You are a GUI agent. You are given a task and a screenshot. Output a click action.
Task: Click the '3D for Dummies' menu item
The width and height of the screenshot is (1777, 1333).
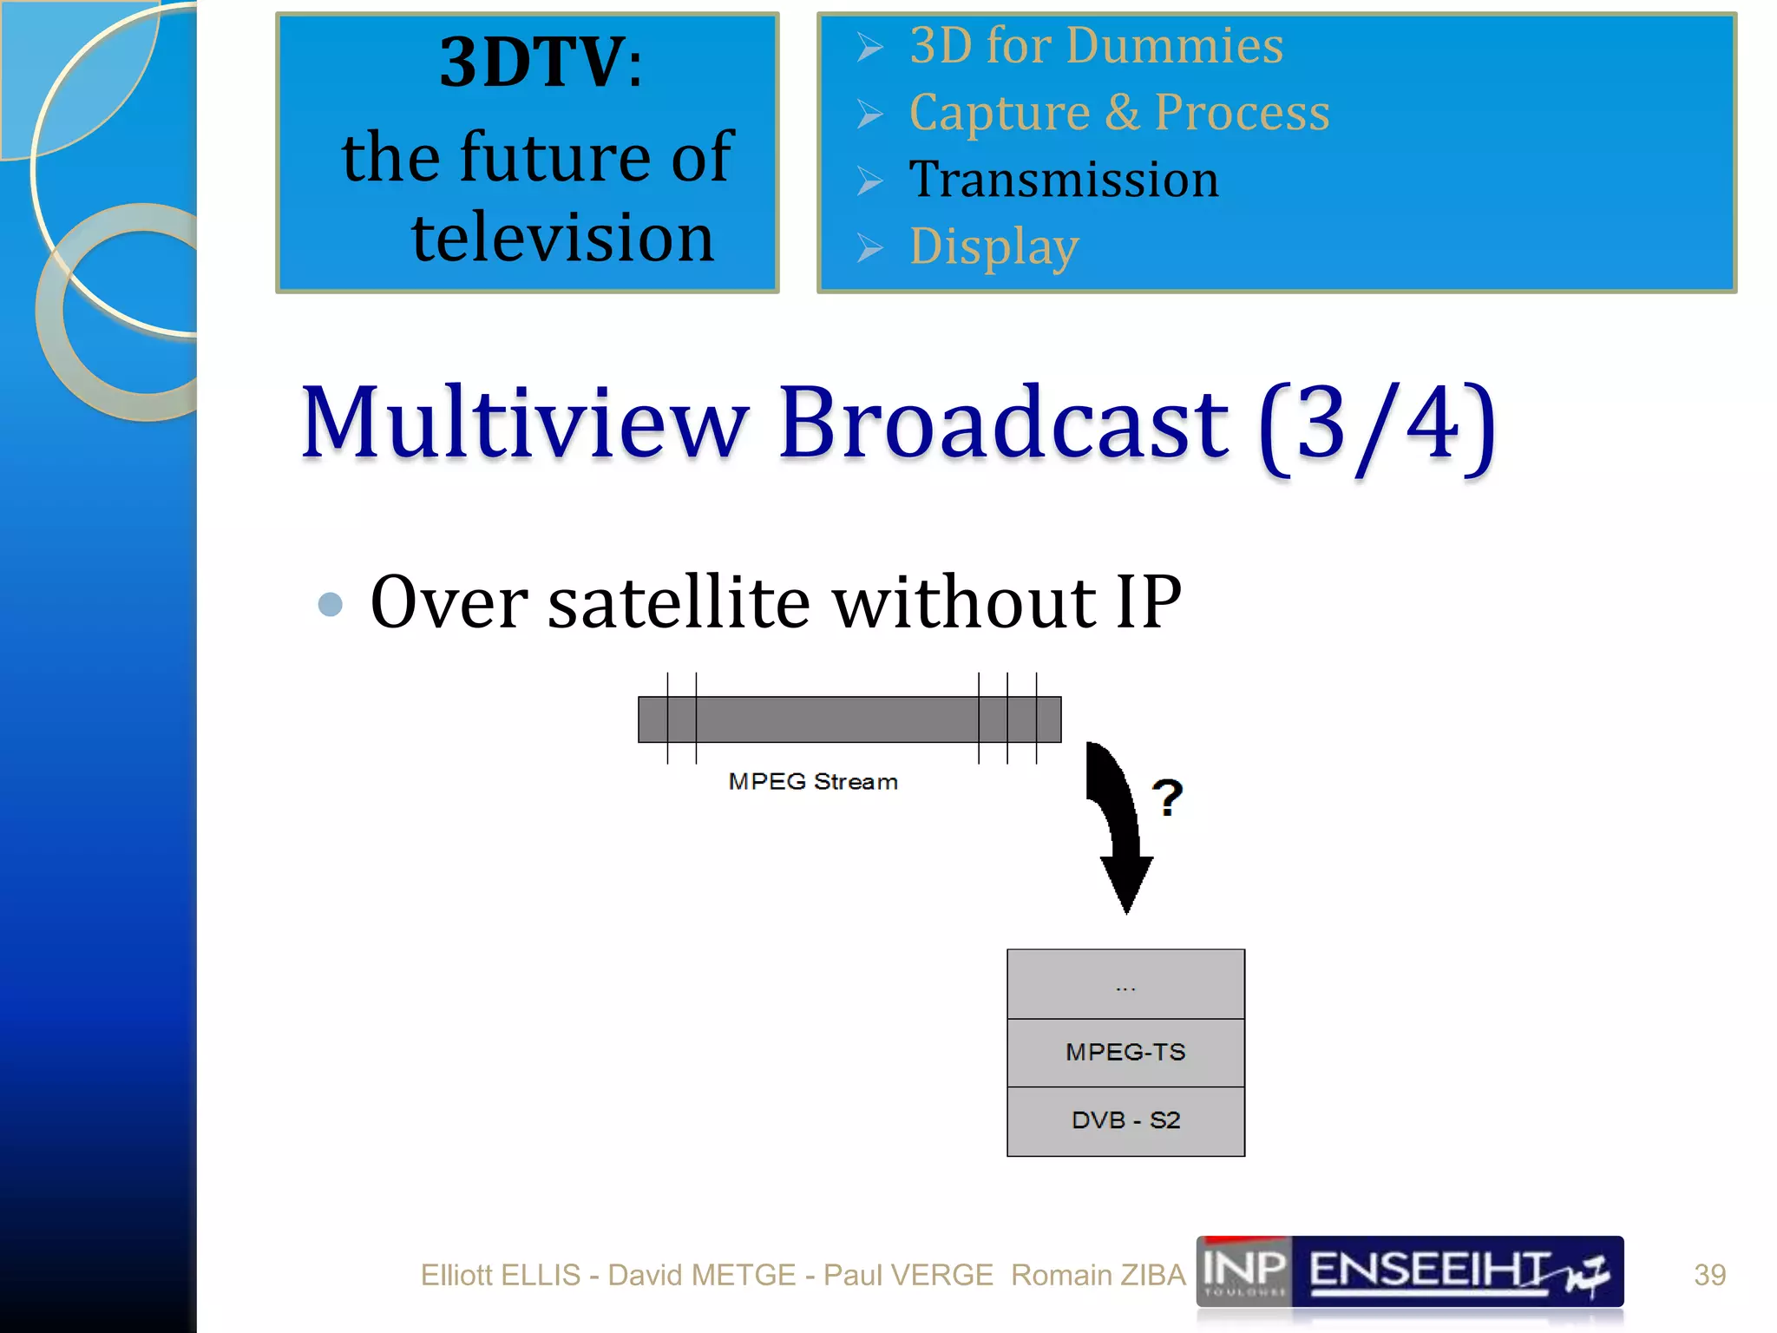(1096, 46)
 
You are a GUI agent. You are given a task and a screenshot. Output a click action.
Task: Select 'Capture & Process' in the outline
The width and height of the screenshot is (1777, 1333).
(1118, 113)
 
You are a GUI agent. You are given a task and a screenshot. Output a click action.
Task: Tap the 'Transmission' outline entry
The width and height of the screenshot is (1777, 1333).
(1064, 180)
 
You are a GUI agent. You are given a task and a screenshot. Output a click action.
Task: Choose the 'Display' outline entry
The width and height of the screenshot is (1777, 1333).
(994, 247)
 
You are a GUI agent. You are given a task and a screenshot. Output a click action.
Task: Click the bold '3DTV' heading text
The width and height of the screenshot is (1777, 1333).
(531, 62)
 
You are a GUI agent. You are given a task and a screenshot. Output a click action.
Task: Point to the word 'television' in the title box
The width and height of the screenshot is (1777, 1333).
(562, 238)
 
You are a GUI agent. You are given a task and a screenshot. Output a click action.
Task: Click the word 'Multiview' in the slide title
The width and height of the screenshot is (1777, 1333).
(524, 423)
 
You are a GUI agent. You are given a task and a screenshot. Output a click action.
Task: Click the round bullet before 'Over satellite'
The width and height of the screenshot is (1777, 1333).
(331, 604)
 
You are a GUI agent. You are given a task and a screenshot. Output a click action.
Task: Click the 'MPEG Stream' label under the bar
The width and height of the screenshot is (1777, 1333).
(813, 782)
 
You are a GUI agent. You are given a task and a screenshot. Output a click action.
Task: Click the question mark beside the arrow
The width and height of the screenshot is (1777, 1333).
(1168, 797)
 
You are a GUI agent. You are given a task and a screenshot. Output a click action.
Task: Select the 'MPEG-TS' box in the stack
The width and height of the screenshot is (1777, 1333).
(1125, 1053)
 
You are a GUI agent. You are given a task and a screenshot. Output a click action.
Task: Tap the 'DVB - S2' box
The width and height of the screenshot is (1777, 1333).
(1125, 1121)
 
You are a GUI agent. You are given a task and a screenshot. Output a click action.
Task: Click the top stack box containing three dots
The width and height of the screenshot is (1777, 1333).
(1125, 984)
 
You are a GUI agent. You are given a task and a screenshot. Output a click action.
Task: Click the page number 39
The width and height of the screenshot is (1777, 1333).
(1709, 1275)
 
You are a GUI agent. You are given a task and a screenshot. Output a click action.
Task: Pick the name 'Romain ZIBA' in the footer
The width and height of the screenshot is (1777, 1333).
(1098, 1275)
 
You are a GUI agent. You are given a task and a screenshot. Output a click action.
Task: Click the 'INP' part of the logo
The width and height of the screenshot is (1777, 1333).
(1243, 1271)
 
